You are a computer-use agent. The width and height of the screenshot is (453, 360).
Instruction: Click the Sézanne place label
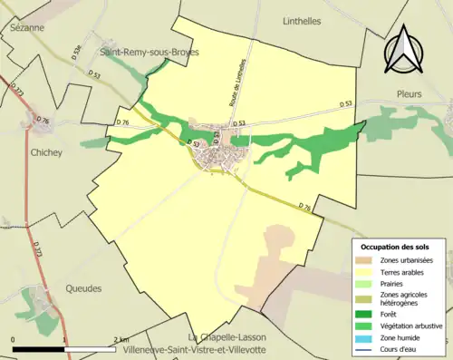23,28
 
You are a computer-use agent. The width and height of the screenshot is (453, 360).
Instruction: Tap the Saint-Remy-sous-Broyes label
149,52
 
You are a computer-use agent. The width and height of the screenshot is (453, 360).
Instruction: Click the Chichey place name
46,152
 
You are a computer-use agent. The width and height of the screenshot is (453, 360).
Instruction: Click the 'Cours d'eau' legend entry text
405,348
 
